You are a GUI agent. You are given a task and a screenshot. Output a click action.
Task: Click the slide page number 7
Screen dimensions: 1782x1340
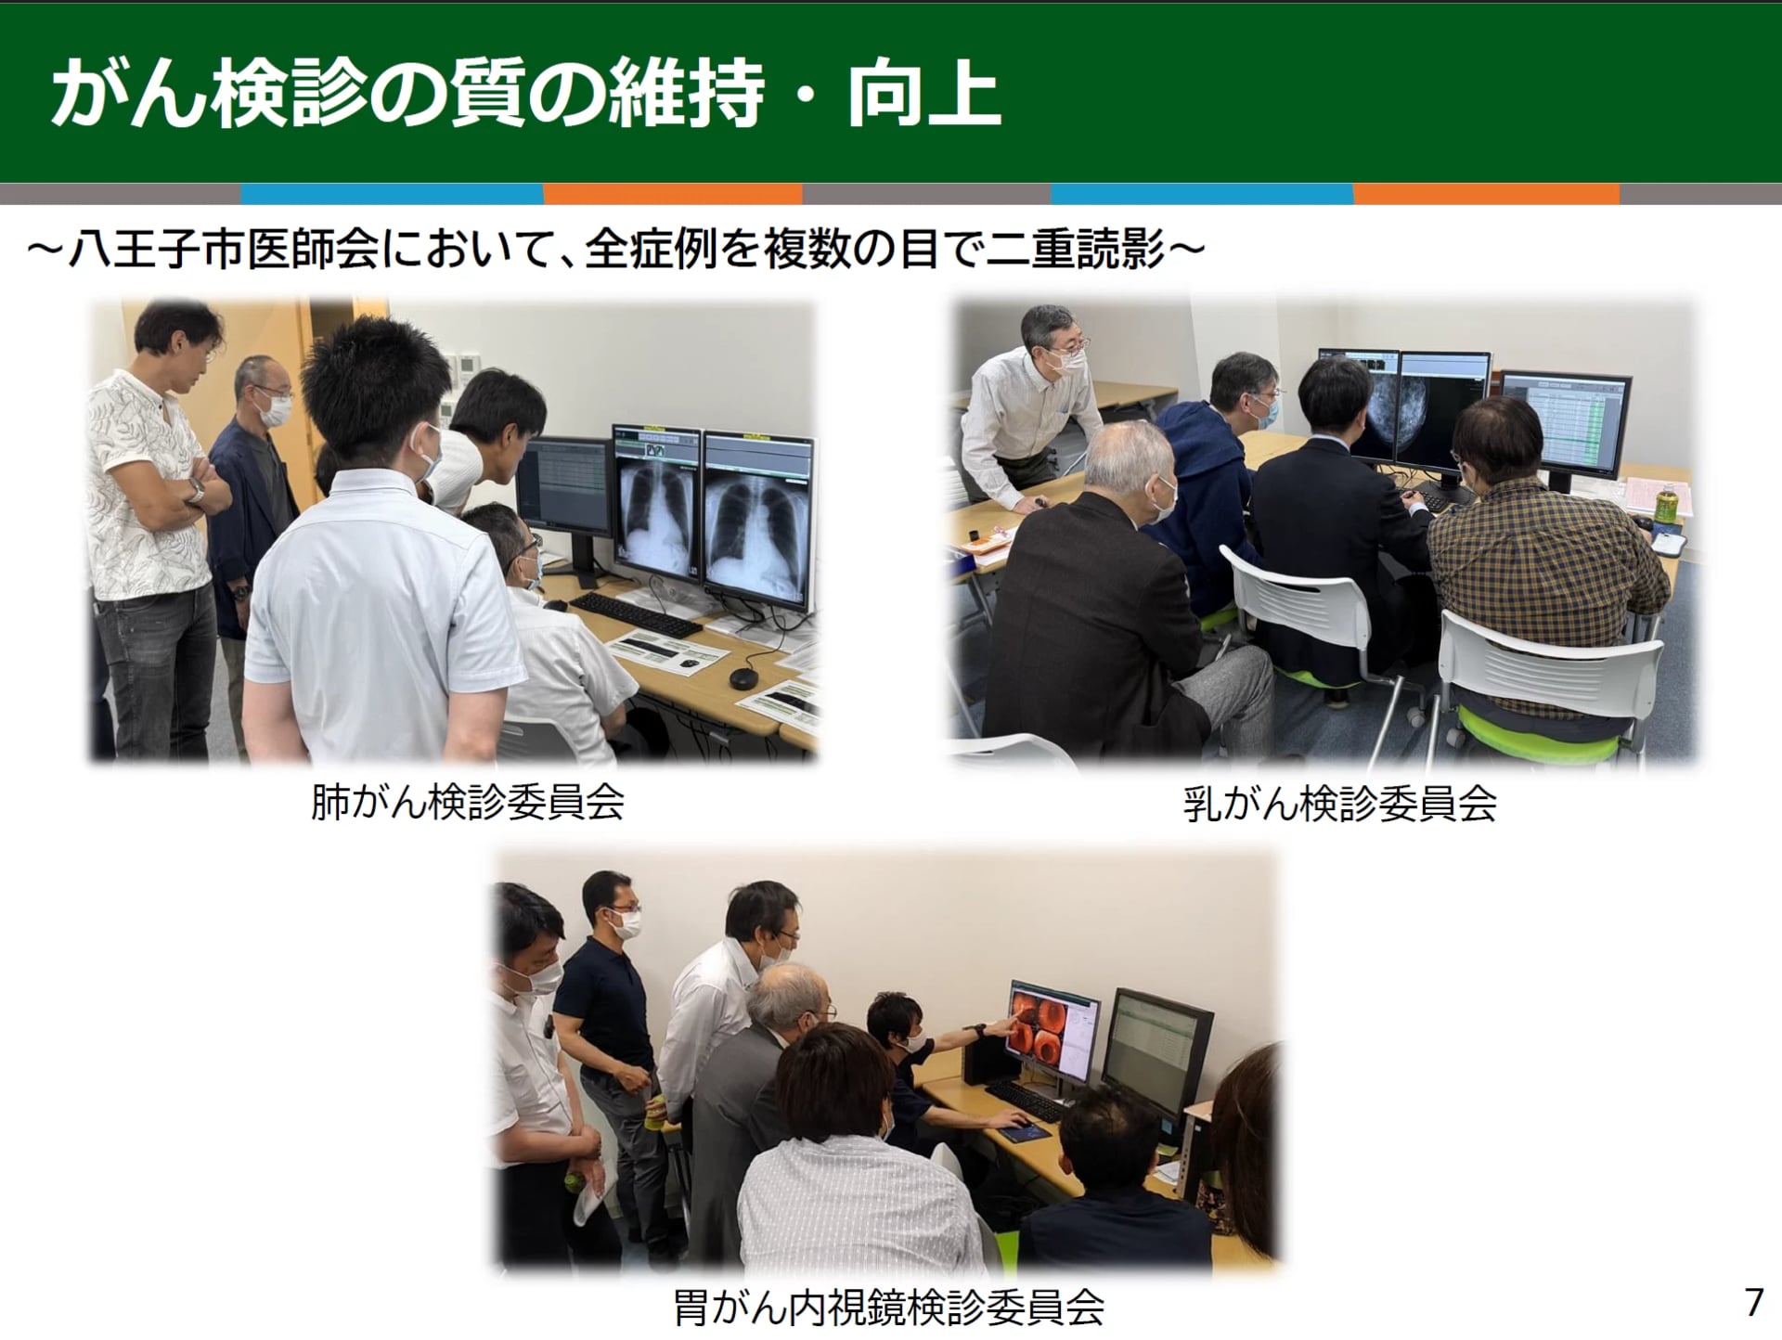(1753, 1302)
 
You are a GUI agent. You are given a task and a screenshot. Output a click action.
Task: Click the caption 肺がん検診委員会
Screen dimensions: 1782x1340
(467, 803)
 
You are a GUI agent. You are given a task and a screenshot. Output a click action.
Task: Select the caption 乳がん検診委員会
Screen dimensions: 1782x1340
(1340, 804)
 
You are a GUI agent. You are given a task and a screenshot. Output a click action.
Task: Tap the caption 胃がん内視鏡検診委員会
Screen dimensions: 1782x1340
(888, 1308)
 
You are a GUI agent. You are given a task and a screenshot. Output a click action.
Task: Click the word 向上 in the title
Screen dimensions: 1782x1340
(923, 94)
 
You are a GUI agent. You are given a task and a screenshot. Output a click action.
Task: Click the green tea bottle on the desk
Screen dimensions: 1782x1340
(1664, 500)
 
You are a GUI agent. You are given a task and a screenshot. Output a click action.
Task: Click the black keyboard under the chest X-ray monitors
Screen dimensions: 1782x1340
(635, 614)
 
